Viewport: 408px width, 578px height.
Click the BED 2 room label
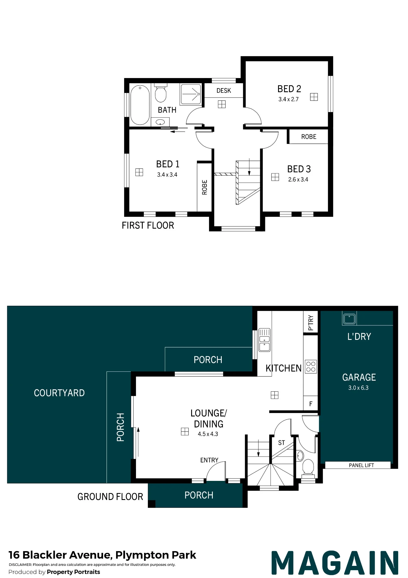coord(289,89)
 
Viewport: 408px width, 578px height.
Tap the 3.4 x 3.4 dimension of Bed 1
coord(167,175)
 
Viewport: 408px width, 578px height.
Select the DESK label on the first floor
coord(224,91)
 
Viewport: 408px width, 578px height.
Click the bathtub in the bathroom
coord(140,105)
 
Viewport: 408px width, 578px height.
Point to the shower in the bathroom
coord(190,94)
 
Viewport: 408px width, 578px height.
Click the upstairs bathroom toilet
coord(161,93)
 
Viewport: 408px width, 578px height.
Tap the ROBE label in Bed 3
coord(309,137)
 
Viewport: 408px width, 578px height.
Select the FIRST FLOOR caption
coord(148,225)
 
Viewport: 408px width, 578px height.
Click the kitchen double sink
coord(264,340)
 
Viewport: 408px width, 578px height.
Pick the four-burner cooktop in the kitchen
coord(311,367)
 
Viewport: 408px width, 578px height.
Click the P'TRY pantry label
coord(311,323)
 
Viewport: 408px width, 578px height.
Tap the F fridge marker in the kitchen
coord(311,404)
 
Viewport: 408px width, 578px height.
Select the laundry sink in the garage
coord(349,318)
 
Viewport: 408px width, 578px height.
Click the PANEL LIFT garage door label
coord(361,465)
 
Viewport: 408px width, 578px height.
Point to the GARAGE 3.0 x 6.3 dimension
coord(358,388)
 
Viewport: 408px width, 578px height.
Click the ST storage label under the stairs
coord(282,443)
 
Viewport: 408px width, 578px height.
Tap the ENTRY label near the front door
coord(209,460)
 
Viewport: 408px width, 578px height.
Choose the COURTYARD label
coord(59,393)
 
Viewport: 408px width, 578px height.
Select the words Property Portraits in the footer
coord(73,572)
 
